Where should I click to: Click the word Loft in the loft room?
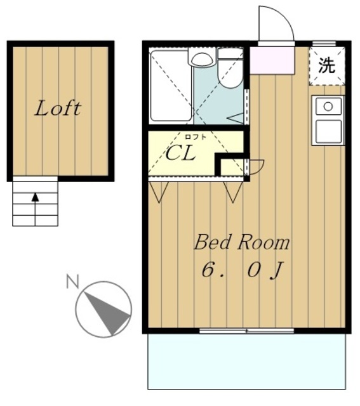pyautogui.click(x=58, y=108)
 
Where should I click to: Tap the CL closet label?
pyautogui.click(x=180, y=153)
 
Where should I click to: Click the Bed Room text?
pyautogui.click(x=242, y=242)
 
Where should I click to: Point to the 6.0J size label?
pyautogui.click(x=241, y=271)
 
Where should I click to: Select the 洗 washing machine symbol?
pyautogui.click(x=327, y=65)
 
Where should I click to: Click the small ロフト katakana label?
pyautogui.click(x=196, y=136)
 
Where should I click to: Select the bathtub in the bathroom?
pyautogui.click(x=171, y=86)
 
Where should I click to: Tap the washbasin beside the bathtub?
pyautogui.click(x=202, y=59)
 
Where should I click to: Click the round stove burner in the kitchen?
pyautogui.click(x=328, y=107)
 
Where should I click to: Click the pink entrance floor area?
pyautogui.click(x=272, y=60)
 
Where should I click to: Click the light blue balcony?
pyautogui.click(x=247, y=362)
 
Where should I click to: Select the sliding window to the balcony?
pyautogui.click(x=246, y=331)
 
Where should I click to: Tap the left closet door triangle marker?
pyautogui.click(x=159, y=192)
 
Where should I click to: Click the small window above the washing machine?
pyautogui.click(x=324, y=44)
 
